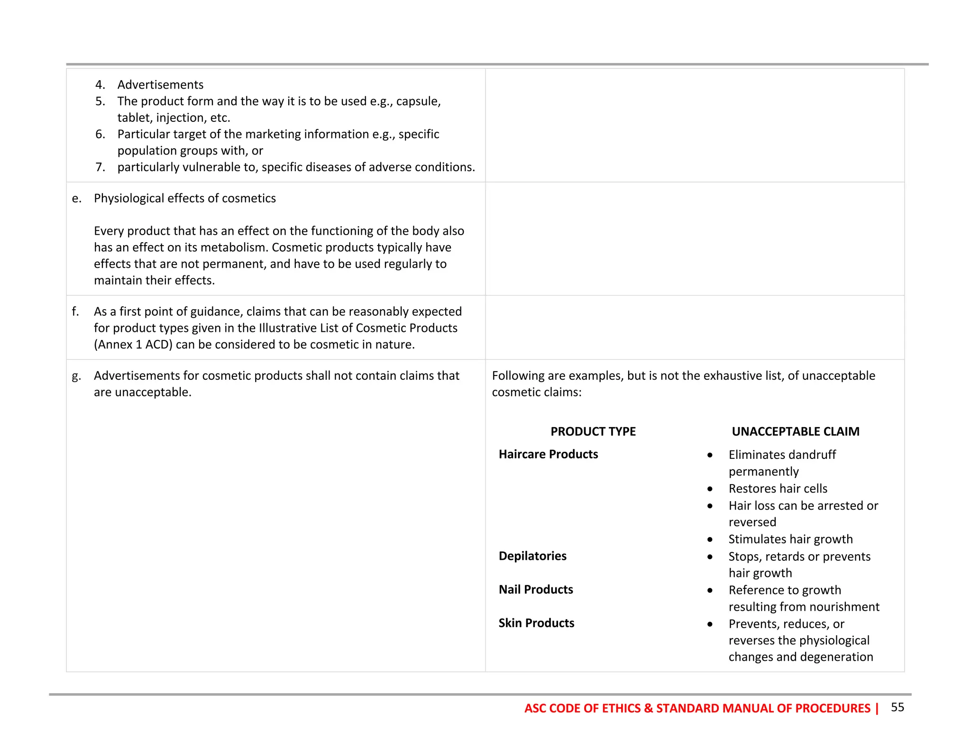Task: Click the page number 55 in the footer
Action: pos(897,707)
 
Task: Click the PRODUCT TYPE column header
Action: pos(593,431)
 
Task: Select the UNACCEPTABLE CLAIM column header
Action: pos(795,431)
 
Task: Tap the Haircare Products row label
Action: pos(548,454)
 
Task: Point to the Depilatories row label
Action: pos(532,556)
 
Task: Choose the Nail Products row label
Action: pos(536,589)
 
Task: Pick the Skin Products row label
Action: pos(536,623)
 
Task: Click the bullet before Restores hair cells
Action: pos(710,489)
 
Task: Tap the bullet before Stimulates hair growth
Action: pos(710,540)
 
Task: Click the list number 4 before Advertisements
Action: pos(100,84)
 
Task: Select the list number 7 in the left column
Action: pos(100,167)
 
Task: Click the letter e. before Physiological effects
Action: pos(76,198)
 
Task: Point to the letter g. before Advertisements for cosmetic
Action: pos(76,376)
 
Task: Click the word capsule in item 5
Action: pos(418,101)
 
